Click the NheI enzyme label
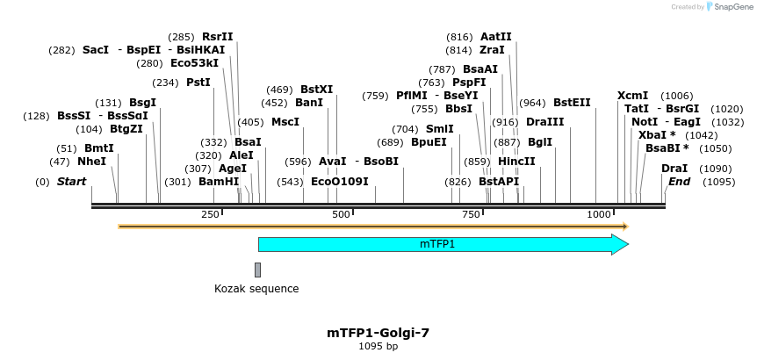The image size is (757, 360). coord(91,162)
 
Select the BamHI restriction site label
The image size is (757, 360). coord(218,182)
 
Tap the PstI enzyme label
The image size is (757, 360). coord(198,83)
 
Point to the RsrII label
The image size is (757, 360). coord(218,37)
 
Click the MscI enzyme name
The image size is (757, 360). coord(285,122)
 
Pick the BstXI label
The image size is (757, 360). coord(317,90)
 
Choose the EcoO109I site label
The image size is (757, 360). coord(340,182)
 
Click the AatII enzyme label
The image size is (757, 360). coord(495,37)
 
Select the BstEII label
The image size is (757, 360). coord(572,103)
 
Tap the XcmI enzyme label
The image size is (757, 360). coord(632,96)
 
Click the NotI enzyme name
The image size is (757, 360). coord(645,122)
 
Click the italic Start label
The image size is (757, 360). coord(72,182)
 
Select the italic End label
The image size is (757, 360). coord(679,182)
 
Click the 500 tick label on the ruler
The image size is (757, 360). coord(341,215)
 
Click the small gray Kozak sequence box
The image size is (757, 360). coord(257,270)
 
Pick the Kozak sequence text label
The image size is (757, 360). coord(256,289)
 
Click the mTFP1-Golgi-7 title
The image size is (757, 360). coord(378,333)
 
